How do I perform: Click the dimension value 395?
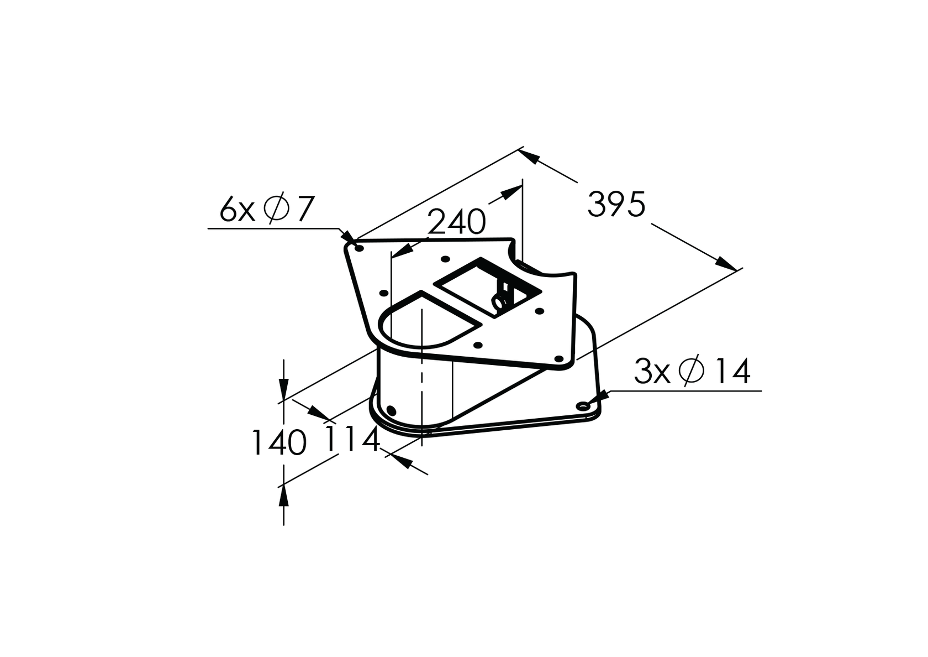click(x=616, y=204)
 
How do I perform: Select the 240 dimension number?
click(x=457, y=222)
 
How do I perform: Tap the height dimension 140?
click(x=279, y=442)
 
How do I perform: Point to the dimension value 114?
click(x=352, y=440)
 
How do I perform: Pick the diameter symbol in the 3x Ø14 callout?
click(x=692, y=371)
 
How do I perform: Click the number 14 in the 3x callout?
click(x=731, y=372)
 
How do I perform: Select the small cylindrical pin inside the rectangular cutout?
click(x=500, y=301)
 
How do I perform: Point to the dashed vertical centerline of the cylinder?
click(x=421, y=376)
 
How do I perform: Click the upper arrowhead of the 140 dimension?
click(x=283, y=387)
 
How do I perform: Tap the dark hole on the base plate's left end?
click(x=391, y=410)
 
